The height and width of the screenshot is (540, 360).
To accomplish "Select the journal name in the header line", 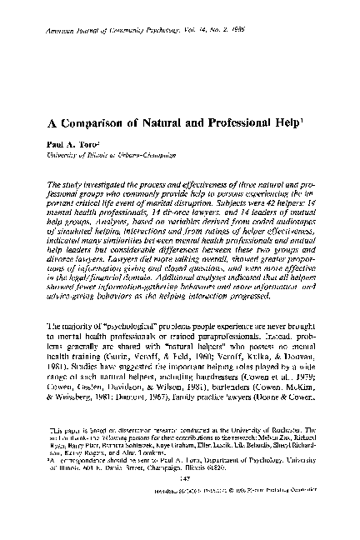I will tap(107, 31).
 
